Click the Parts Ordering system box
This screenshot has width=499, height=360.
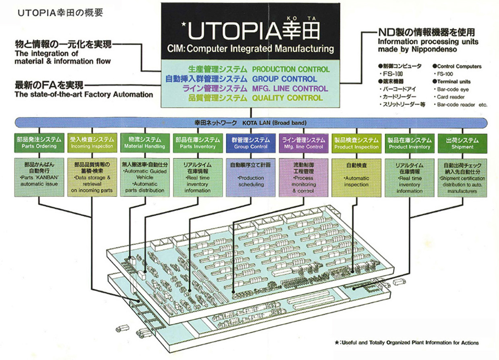coord(39,143)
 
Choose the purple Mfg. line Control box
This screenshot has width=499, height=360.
coord(303,143)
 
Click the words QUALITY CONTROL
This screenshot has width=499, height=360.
coord(287,98)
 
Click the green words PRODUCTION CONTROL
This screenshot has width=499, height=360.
coord(291,69)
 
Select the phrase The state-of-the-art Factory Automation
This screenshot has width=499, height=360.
coord(84,95)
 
